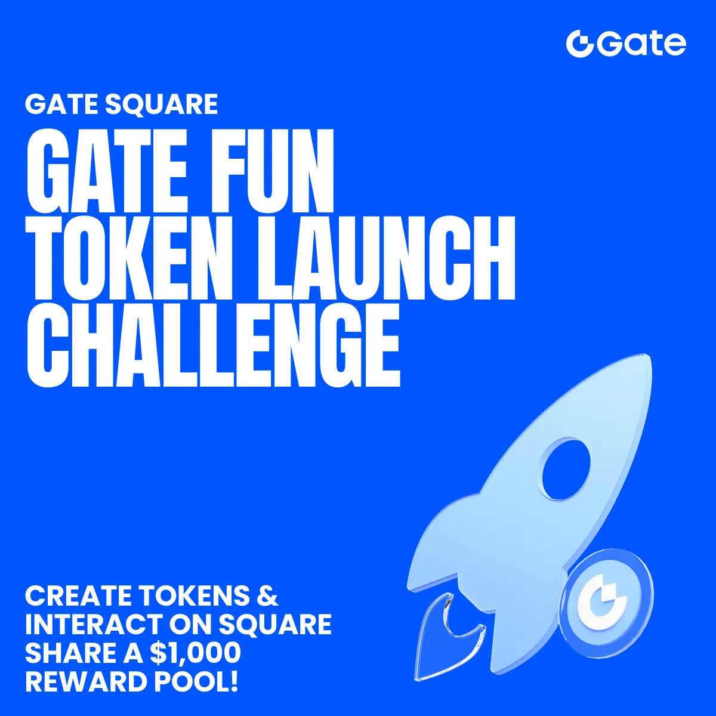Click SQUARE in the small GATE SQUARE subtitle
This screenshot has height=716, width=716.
point(162,105)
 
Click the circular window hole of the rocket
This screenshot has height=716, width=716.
point(565,469)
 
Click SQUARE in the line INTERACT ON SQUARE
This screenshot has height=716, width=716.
point(274,624)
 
